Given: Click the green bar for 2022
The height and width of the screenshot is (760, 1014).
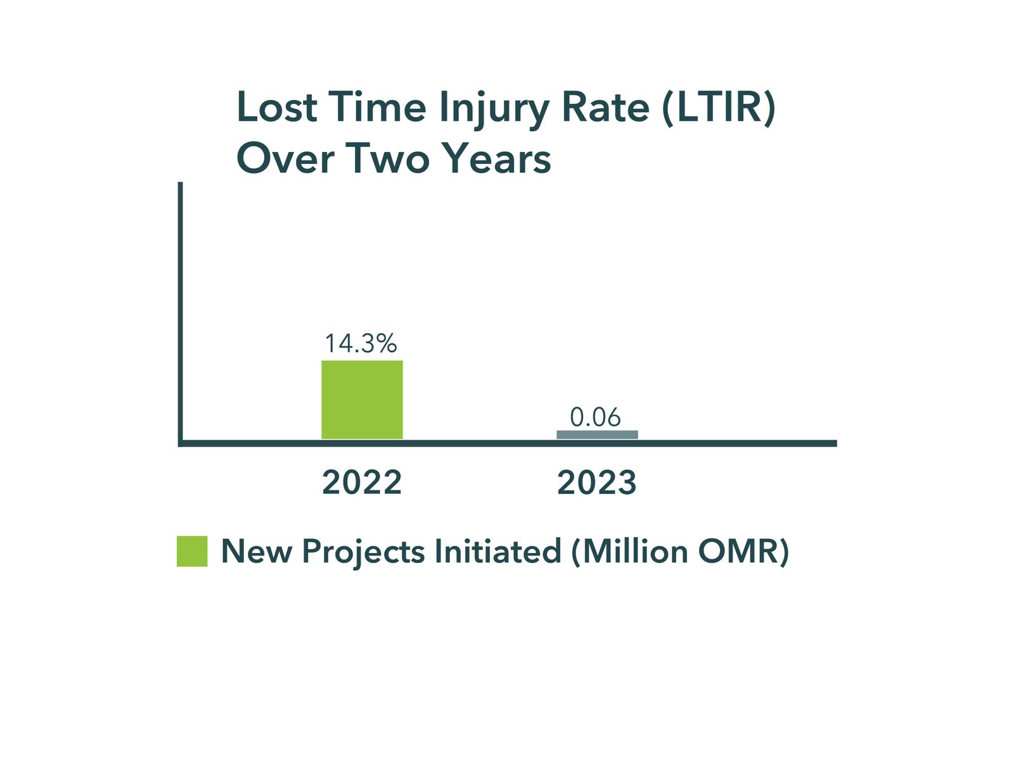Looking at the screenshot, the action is (x=362, y=400).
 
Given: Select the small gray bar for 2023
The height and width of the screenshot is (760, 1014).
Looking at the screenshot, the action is (x=597, y=434).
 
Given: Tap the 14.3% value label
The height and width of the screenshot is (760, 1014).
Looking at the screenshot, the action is (x=361, y=343).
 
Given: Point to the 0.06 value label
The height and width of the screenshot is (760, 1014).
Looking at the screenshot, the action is (x=595, y=417).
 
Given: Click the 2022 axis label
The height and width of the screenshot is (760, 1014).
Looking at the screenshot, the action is (x=362, y=483).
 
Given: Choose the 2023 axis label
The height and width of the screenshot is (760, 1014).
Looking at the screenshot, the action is (x=597, y=483).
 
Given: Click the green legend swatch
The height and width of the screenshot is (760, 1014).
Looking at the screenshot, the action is (x=192, y=551).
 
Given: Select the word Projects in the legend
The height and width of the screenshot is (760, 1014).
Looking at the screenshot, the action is (x=363, y=552).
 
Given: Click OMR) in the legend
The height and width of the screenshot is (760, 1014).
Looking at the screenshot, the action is (x=743, y=551).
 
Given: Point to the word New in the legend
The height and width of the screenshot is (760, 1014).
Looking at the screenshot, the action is (x=257, y=551).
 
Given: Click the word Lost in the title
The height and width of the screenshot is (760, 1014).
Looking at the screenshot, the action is (x=277, y=107).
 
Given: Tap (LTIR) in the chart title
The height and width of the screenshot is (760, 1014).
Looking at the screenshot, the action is (x=718, y=108).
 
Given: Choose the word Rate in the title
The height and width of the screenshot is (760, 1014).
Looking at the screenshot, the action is (x=606, y=107).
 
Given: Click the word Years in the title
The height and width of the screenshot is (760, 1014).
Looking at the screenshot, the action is (x=497, y=158).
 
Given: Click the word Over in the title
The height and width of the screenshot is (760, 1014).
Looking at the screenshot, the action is (x=285, y=158).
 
